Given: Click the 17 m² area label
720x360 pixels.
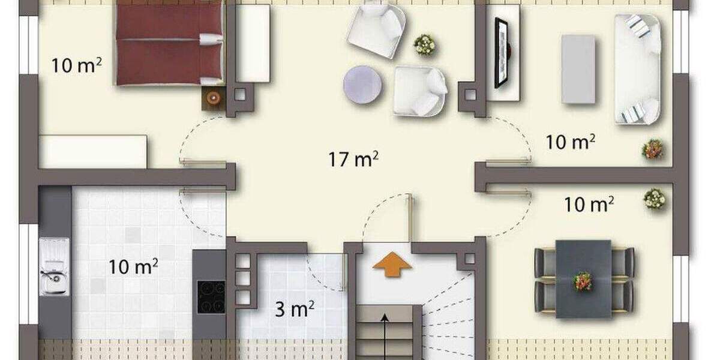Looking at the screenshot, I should (353, 160).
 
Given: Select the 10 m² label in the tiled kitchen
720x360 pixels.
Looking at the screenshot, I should (133, 266).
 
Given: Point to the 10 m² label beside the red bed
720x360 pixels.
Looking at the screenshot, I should (76, 64).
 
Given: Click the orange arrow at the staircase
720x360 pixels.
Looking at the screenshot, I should (392, 264).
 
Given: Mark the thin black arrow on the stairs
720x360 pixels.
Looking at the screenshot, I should (384, 336).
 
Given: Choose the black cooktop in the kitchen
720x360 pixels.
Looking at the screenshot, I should (211, 296).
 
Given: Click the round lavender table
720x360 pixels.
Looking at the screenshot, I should (363, 84).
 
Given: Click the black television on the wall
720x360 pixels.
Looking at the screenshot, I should (500, 53).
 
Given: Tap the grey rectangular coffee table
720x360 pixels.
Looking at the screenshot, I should (578, 68).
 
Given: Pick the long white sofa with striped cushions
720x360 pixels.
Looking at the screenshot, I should (637, 68).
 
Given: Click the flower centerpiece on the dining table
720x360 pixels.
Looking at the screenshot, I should (582, 280).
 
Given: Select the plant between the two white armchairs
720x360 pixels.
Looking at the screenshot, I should (424, 44).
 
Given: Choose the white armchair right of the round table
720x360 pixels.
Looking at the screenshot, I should (420, 91).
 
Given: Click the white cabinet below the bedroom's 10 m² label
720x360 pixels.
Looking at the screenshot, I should (93, 151).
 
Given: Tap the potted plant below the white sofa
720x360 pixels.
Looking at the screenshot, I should (652, 149).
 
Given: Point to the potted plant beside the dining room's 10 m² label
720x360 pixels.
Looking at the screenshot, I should (655, 199).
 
